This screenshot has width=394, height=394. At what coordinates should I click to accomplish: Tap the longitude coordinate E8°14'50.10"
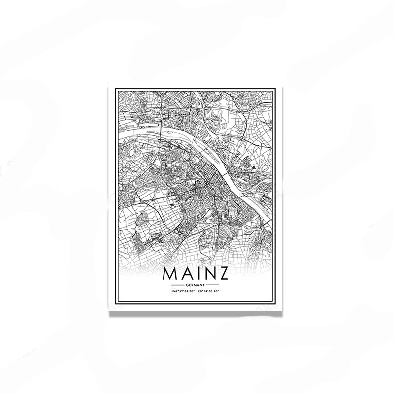pos(208,292)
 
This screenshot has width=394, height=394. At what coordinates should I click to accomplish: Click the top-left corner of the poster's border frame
pos(114,90)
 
